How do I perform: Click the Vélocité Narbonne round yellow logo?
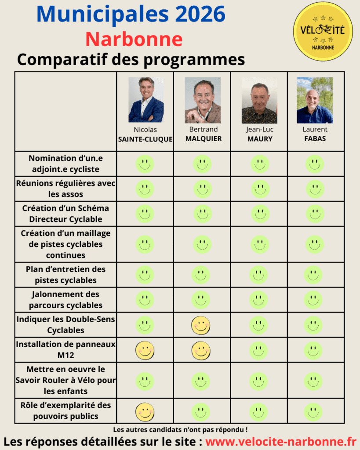click(x=323, y=32)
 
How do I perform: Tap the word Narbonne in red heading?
click(x=134, y=39)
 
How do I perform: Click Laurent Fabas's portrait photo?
click(x=315, y=100)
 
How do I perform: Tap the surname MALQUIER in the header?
click(x=203, y=138)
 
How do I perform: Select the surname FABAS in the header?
click(x=315, y=139)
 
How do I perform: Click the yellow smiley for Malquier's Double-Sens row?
click(x=201, y=325)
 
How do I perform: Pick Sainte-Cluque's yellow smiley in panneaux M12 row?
click(x=145, y=350)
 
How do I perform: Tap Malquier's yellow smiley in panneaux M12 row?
click(x=201, y=350)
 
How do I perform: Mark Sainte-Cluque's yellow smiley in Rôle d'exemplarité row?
click(x=145, y=412)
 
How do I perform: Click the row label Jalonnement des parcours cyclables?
click(x=66, y=300)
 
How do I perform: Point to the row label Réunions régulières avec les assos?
click(x=66, y=189)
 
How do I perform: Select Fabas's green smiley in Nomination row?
click(x=315, y=164)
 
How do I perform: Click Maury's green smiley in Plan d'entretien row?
click(x=258, y=275)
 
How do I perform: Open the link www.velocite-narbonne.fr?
click(x=280, y=441)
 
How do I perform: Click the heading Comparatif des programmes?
click(x=131, y=60)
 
